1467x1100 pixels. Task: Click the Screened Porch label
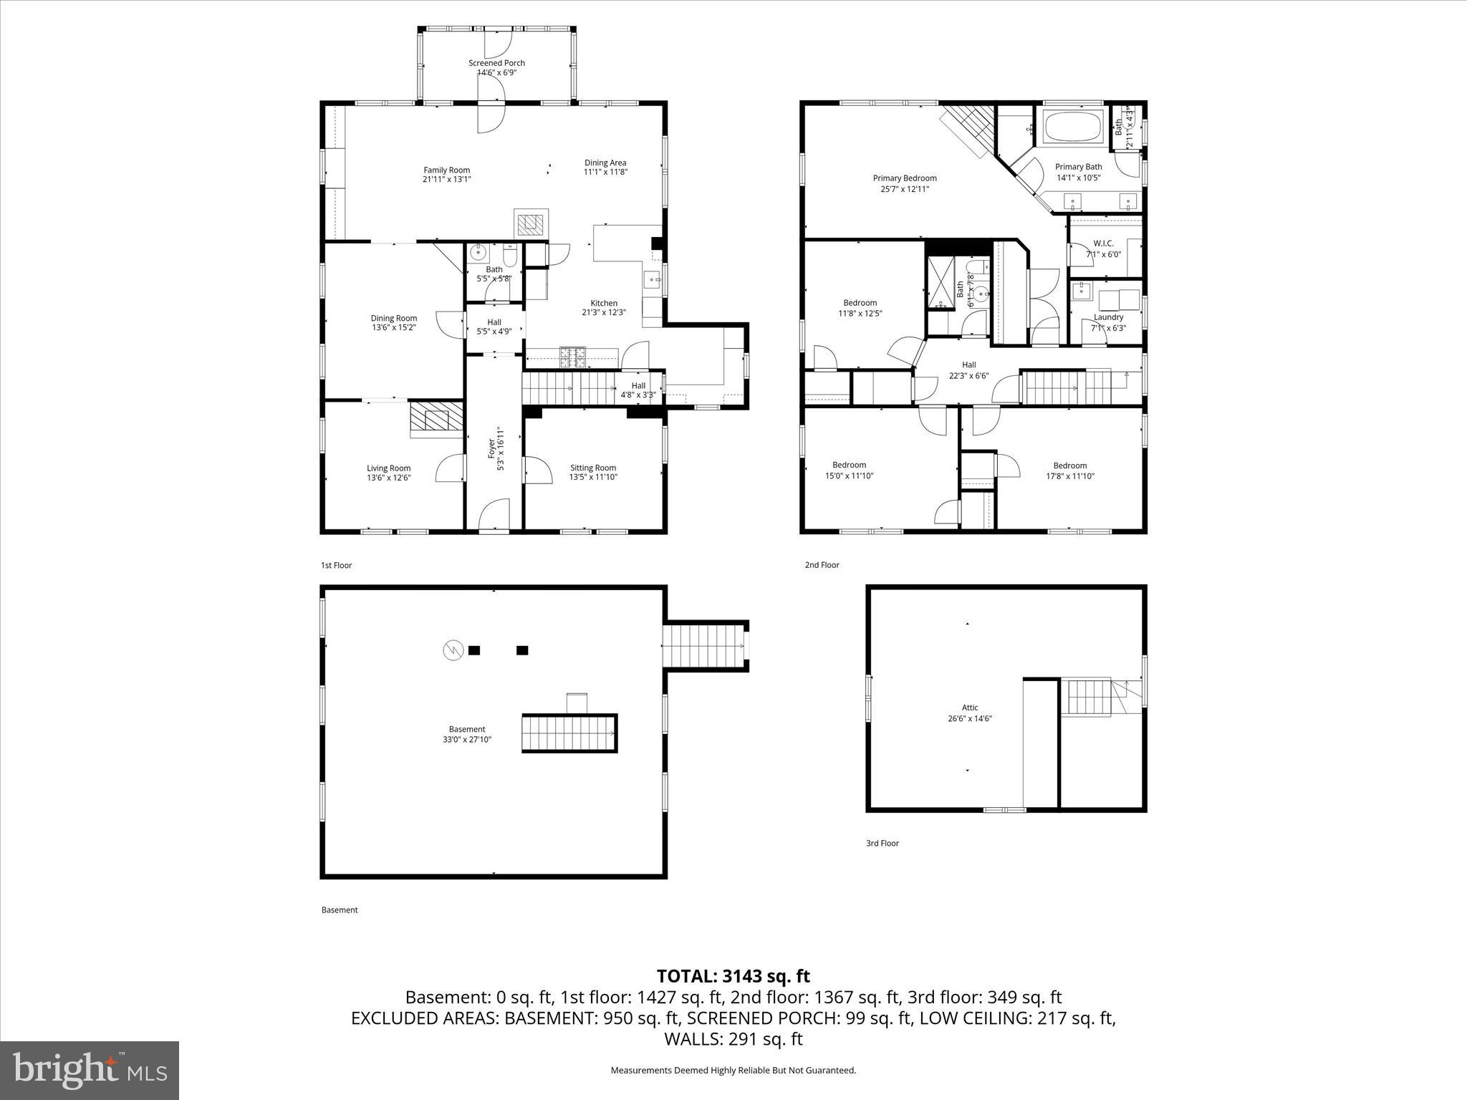[496, 63]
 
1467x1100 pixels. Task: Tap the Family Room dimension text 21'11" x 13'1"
[446, 180]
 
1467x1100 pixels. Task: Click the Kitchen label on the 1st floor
[604, 303]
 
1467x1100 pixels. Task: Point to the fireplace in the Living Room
[436, 420]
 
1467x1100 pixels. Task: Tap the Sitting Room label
[593, 468]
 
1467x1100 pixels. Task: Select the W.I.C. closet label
[1103, 243]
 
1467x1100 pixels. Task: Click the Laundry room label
[1108, 317]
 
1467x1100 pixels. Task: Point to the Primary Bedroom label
[904, 178]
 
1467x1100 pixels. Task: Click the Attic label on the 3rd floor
[970, 708]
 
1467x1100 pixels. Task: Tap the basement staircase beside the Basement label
[569, 733]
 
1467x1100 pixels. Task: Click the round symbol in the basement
[452, 650]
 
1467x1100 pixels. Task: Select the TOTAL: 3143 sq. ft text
[733, 976]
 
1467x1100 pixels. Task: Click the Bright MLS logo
[90, 1071]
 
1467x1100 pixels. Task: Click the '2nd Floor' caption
[822, 565]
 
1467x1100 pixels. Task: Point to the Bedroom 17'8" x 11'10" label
[1069, 465]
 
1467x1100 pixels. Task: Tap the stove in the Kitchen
[572, 356]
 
